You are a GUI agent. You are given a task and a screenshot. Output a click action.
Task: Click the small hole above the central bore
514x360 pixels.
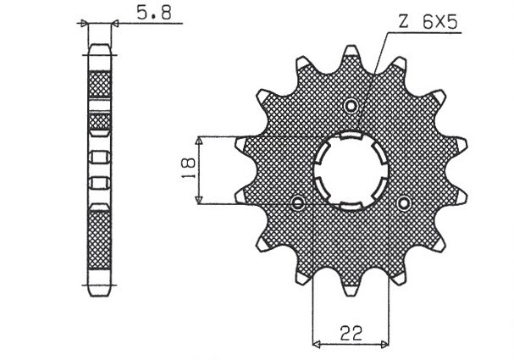point(351,105)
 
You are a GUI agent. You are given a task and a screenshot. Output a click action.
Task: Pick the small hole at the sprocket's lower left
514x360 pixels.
point(298,203)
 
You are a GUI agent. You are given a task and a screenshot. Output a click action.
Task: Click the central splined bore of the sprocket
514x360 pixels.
point(351,173)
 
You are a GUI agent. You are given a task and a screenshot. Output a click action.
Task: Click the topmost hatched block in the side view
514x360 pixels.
point(100,86)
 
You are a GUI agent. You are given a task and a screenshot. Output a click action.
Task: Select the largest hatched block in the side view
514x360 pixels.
point(100,241)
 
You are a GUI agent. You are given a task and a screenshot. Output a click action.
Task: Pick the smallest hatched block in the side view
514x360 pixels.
point(100,125)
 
